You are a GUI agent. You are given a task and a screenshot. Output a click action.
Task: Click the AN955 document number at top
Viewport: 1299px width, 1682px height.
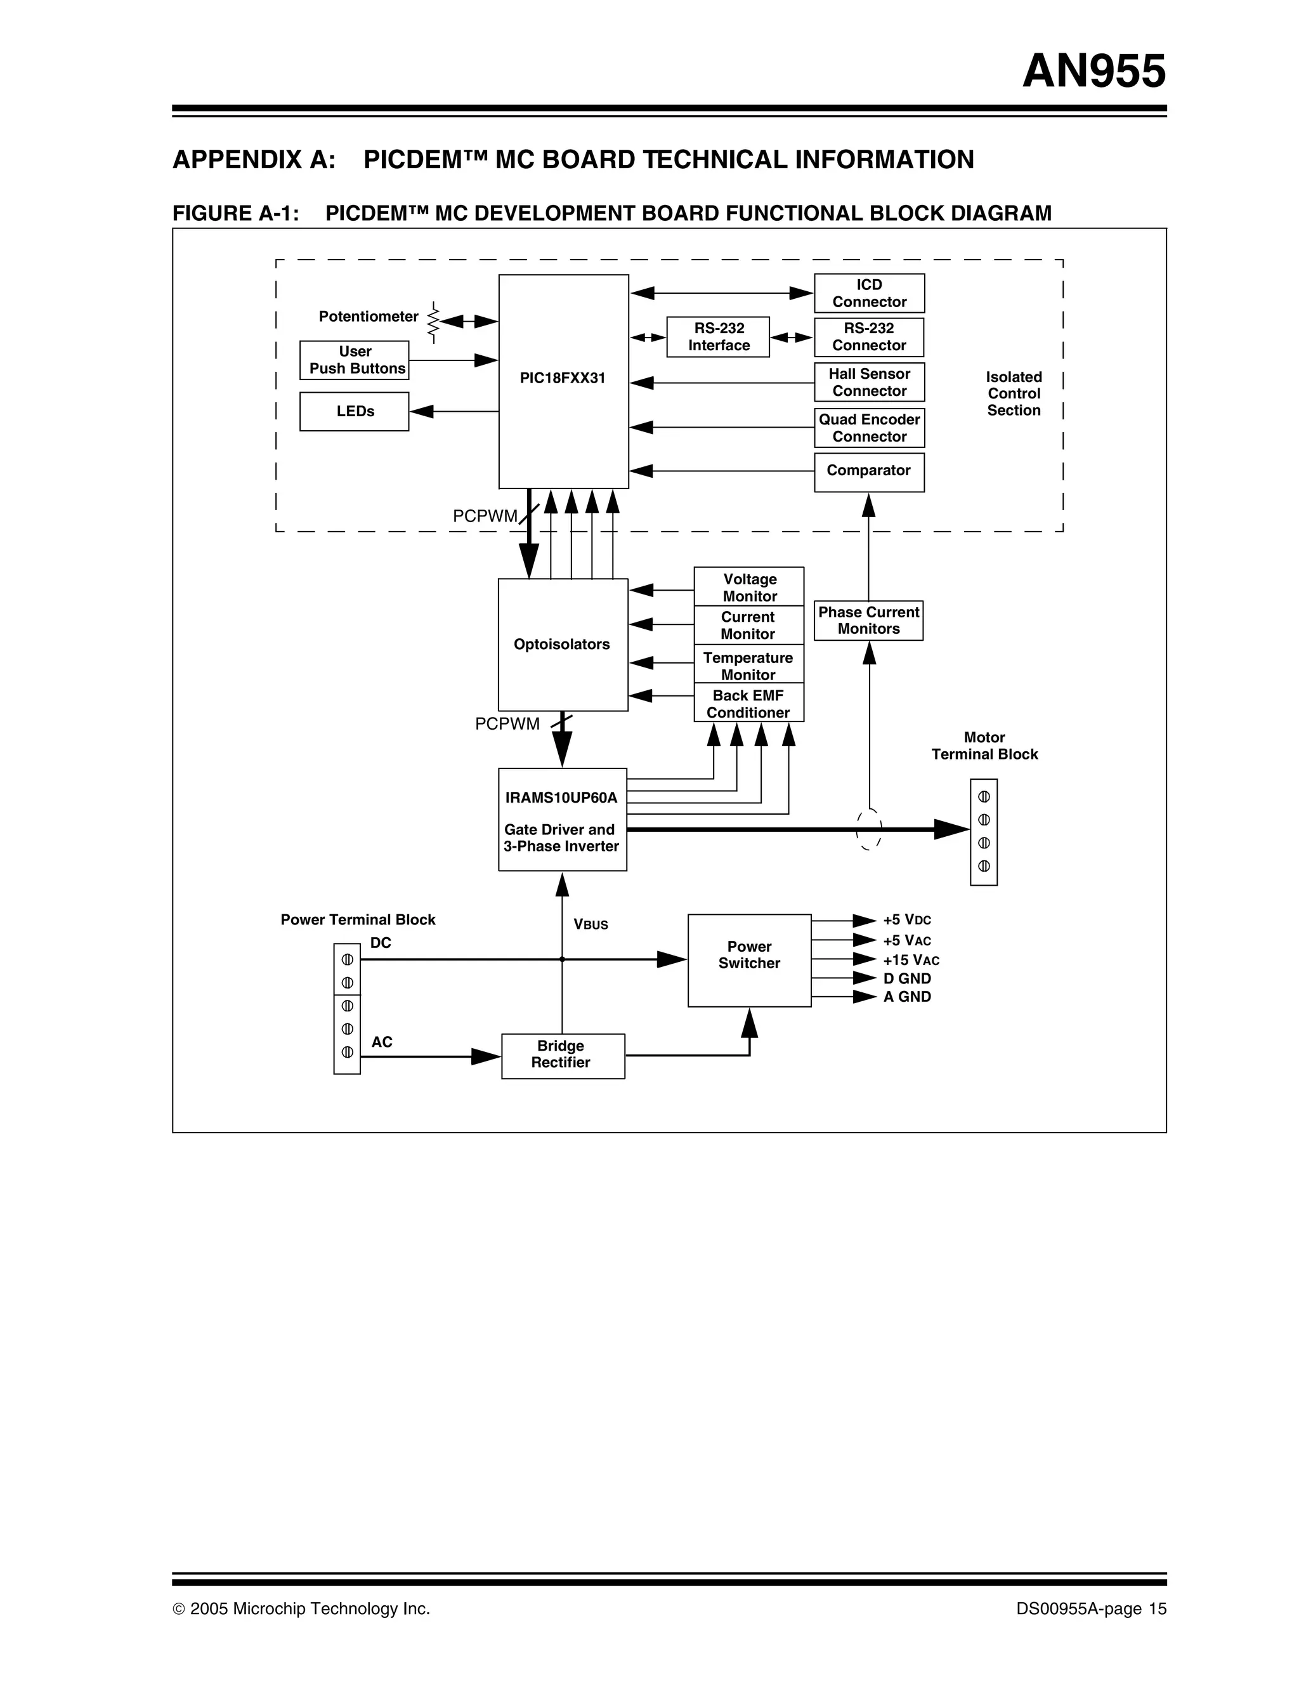[1093, 72]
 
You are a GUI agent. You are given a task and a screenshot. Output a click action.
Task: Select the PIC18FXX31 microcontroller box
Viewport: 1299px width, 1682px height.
[563, 381]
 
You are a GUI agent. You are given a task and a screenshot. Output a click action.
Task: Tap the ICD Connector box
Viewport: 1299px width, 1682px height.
[868, 293]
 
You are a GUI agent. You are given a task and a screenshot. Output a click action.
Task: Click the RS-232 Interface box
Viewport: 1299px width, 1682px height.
[717, 336]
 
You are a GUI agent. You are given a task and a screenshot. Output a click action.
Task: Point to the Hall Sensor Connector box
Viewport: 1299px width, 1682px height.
[868, 382]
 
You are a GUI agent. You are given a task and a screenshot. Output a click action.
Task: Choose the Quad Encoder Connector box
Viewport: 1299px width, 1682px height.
[868, 428]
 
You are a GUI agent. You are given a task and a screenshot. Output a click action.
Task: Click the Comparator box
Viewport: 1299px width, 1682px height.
[868, 471]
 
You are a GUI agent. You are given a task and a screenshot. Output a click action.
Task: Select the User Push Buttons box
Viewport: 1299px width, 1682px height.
[354, 360]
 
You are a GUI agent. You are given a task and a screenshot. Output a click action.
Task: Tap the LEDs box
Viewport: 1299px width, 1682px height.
[354, 411]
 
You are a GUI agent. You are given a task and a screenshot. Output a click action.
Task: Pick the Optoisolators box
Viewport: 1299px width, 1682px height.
[562, 644]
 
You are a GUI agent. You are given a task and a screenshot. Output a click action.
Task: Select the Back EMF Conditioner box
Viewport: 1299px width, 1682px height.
[748, 702]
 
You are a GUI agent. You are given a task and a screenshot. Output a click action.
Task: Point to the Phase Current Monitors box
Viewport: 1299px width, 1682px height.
[868, 620]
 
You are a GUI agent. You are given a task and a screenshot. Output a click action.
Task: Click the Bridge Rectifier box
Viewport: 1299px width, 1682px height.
[562, 1055]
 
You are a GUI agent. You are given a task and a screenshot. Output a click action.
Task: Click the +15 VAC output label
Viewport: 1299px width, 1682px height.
[910, 959]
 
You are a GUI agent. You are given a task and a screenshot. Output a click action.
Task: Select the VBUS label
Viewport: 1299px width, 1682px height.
[591, 924]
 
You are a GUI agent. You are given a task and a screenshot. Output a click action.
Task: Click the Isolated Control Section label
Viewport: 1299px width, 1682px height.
[1014, 393]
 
